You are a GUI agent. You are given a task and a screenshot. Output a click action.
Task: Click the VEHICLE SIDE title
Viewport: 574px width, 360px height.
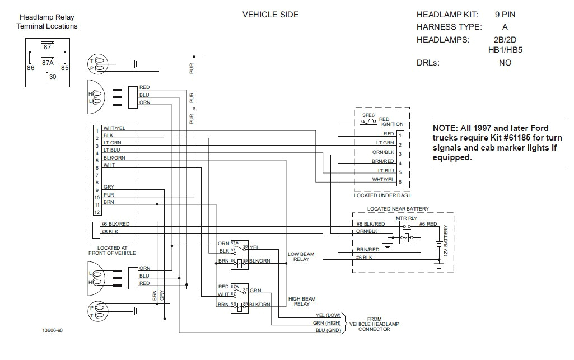click(270, 15)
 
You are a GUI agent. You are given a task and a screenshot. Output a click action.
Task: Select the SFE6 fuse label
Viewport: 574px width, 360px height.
click(368, 114)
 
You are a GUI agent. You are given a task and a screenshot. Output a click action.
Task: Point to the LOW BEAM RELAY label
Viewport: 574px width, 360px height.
click(301, 256)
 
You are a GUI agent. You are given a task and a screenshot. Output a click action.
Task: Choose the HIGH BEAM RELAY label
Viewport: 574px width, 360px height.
click(301, 301)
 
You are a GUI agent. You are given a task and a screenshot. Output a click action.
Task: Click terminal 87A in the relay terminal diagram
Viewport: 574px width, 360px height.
click(47, 63)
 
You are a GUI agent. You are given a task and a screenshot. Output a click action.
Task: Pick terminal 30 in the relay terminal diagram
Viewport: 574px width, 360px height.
click(52, 77)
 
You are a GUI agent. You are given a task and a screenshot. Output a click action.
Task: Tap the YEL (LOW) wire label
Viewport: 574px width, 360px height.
click(328, 315)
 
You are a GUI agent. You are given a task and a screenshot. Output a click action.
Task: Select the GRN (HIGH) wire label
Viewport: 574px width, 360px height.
click(327, 323)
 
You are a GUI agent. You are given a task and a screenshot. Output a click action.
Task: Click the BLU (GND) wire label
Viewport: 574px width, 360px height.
click(328, 331)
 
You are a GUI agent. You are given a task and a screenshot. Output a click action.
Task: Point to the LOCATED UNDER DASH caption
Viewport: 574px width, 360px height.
click(382, 195)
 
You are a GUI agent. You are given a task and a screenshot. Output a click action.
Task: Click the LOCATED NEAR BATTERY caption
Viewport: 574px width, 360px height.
click(398, 209)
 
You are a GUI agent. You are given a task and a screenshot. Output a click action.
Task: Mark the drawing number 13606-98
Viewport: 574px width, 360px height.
click(53, 330)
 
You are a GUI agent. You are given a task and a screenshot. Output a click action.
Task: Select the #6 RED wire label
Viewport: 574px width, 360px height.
click(428, 224)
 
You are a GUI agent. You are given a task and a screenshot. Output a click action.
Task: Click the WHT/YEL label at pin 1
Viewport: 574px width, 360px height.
click(114, 128)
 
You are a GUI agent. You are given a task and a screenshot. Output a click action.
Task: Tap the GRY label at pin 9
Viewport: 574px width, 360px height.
click(109, 186)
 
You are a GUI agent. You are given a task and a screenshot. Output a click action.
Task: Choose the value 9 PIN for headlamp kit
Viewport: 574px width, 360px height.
click(505, 15)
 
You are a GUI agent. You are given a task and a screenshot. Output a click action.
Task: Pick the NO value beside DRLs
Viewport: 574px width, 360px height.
click(505, 63)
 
